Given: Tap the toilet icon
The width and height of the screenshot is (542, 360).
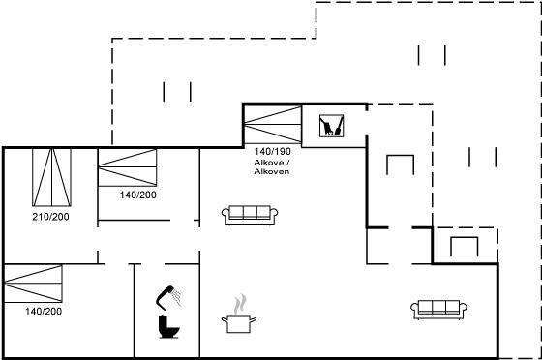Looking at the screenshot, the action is click(x=168, y=327).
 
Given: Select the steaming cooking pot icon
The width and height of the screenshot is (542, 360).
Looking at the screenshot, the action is click(x=239, y=317).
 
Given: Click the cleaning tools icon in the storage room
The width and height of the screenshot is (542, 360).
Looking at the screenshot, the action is click(x=331, y=126).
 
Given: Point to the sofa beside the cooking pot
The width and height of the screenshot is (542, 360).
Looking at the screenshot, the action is click(x=250, y=215).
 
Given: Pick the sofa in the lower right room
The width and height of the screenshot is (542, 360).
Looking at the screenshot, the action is click(x=439, y=310).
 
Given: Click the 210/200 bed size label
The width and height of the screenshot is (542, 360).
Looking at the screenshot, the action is click(x=50, y=217).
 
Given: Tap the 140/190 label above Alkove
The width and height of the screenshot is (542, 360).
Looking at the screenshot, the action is click(x=272, y=151).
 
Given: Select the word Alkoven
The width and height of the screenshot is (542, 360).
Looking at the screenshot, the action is click(x=272, y=171).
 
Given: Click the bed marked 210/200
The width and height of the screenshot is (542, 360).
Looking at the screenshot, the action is click(x=52, y=178).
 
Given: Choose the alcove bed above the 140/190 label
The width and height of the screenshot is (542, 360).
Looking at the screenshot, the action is click(x=273, y=125).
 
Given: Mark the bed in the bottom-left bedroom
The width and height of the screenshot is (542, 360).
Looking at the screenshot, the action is click(x=33, y=284).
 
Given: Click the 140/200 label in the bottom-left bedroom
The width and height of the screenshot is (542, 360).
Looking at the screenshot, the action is click(x=44, y=312).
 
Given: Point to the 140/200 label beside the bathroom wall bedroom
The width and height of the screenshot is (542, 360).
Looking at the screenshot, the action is click(x=137, y=195).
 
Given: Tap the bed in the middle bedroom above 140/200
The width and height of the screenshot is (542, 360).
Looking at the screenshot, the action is click(x=127, y=167).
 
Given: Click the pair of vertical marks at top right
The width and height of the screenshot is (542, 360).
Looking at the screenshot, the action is click(x=432, y=55).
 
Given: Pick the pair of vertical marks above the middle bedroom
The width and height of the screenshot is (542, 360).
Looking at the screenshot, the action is click(x=177, y=92).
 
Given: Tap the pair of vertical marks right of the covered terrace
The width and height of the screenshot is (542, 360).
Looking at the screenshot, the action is click(x=483, y=157).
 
